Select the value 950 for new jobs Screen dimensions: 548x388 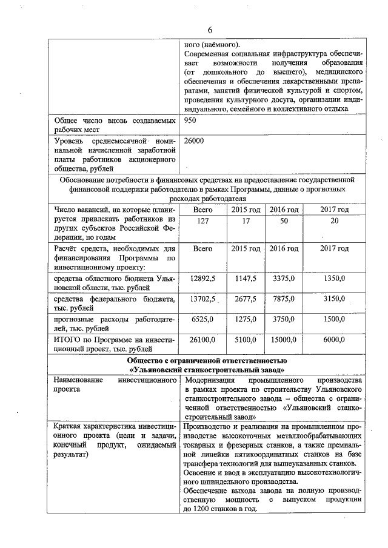pos(190,120)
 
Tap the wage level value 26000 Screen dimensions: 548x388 pos(193,140)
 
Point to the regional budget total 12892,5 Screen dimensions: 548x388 pos(203,279)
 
